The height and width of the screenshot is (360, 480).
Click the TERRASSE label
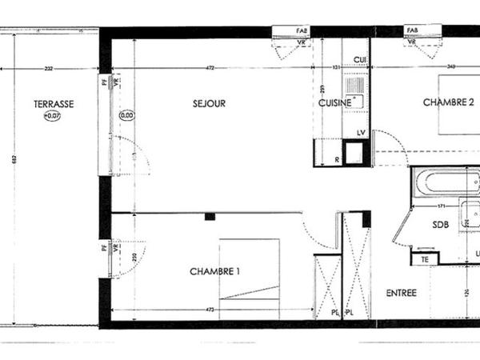54,104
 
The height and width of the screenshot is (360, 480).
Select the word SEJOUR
209,103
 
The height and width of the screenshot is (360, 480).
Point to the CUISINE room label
334,103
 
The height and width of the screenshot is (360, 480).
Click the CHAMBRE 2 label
449,102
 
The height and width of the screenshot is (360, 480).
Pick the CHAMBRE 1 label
215,271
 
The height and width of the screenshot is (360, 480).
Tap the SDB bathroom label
440,225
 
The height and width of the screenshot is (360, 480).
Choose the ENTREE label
401,293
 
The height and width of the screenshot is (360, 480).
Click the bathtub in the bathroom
445,182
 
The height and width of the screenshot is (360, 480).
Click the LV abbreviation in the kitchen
361,132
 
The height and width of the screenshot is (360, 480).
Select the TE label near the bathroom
425,258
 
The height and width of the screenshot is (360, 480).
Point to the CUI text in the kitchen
360,59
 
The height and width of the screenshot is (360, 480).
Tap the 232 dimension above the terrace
49,69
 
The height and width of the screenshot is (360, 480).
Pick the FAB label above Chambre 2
413,30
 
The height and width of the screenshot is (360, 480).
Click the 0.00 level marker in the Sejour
126,115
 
